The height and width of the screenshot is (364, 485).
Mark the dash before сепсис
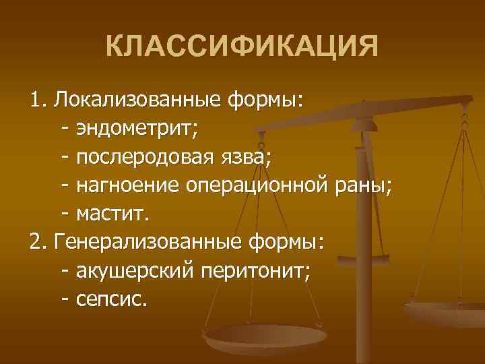[x=65, y=299]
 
